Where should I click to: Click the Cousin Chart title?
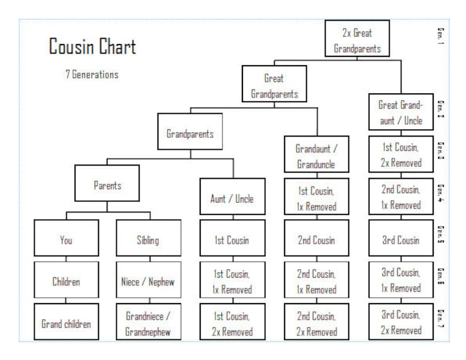click(92, 47)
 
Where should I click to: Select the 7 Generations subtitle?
click(92, 75)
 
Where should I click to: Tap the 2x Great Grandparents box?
click(357, 39)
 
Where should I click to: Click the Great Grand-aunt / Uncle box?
click(400, 112)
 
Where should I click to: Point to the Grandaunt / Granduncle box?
click(316, 156)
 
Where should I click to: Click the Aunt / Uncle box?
click(232, 198)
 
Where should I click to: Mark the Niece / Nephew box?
click(148, 281)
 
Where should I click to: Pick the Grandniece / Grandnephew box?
click(148, 323)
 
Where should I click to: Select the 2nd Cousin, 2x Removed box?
click(316, 323)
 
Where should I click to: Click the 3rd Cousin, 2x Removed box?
click(400, 322)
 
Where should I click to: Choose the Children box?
click(66, 281)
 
